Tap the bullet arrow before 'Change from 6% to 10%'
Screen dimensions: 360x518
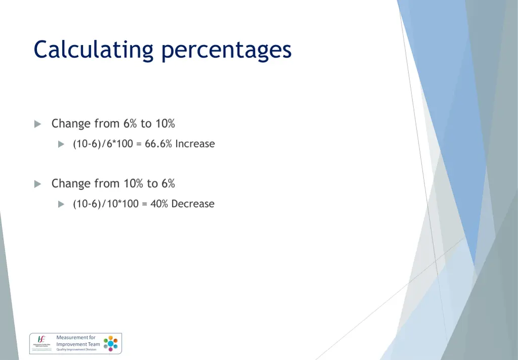coord(37,124)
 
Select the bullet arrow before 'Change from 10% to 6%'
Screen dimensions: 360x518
coord(37,184)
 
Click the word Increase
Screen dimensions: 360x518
coord(195,144)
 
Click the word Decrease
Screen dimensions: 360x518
coord(193,204)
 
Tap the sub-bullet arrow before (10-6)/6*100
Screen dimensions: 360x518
coord(61,145)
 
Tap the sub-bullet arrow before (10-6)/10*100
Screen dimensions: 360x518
coord(61,204)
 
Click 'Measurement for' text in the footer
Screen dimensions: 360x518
coord(75,337)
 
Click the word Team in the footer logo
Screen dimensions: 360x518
coord(94,344)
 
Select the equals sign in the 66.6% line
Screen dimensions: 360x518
coord(139,144)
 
